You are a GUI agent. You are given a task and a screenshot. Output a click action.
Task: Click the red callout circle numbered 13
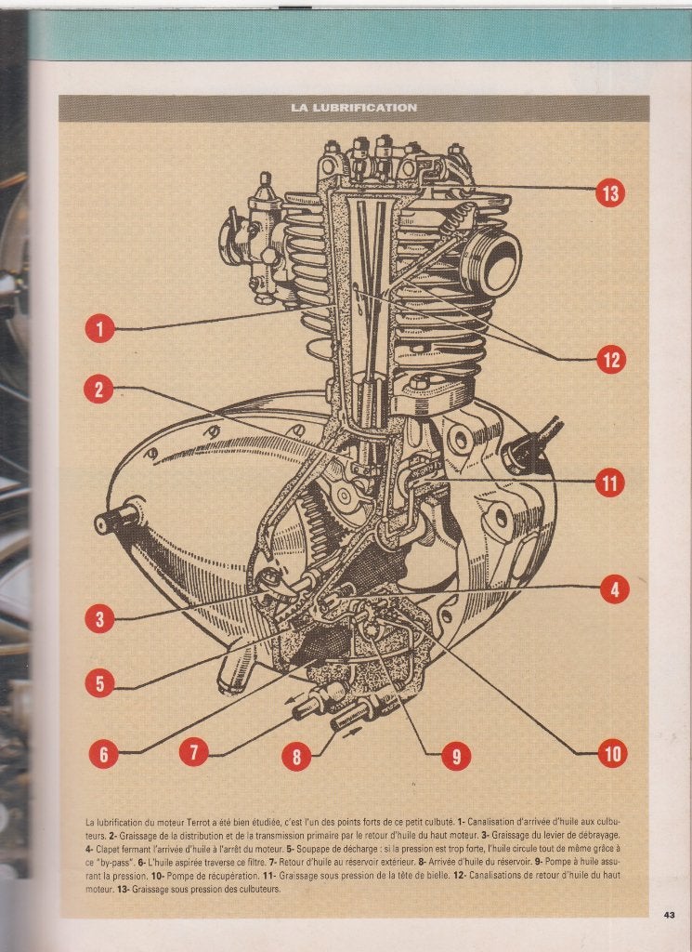pyautogui.click(x=610, y=193)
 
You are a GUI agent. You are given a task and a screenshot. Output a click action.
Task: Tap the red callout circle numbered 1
pyautogui.click(x=100, y=328)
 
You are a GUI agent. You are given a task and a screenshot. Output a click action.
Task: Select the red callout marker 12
pyautogui.click(x=611, y=360)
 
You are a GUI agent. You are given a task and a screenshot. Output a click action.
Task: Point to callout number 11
pyautogui.click(x=609, y=483)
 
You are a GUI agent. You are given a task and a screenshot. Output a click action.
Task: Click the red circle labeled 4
pyautogui.click(x=614, y=588)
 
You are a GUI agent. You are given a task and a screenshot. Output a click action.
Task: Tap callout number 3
pyautogui.click(x=100, y=618)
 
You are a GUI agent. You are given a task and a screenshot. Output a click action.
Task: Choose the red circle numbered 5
pyautogui.click(x=100, y=683)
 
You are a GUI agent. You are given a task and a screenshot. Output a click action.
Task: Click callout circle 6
pyautogui.click(x=104, y=753)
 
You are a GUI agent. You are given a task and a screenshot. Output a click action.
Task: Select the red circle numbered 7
pyautogui.click(x=194, y=753)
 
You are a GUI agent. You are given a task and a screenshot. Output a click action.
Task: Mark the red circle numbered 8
pyautogui.click(x=296, y=757)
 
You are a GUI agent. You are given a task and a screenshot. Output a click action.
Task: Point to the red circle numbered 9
pyautogui.click(x=456, y=755)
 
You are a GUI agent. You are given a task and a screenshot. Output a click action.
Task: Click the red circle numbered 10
pyautogui.click(x=612, y=753)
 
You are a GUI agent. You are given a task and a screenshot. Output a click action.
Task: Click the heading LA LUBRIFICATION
pyautogui.click(x=354, y=108)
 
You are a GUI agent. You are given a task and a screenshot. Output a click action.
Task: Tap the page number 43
pyautogui.click(x=669, y=915)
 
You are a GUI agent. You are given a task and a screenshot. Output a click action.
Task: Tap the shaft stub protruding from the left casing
pyautogui.click(x=116, y=517)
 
